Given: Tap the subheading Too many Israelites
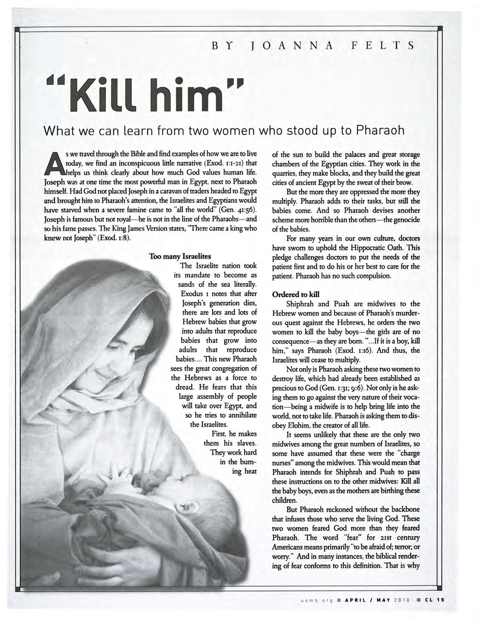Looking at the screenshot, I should pos(180,257).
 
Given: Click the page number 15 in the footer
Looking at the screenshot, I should pos(442,600).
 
